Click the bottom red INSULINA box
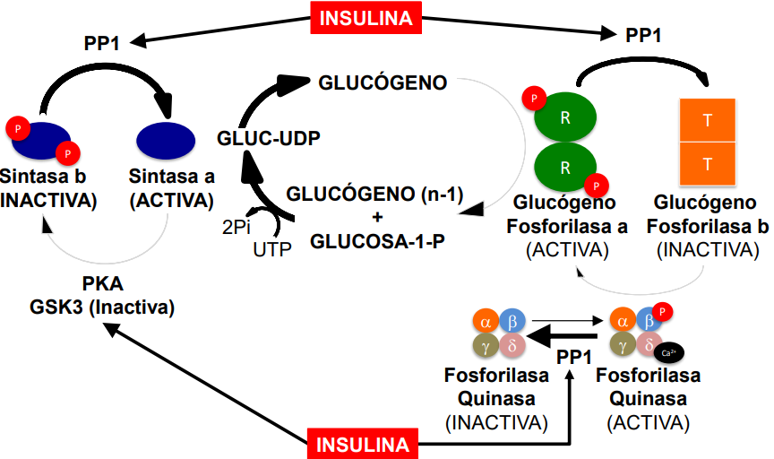click(363, 444)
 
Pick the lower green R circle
click(565, 166)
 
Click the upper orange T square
click(708, 119)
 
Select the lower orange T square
click(708, 164)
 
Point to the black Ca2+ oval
click(670, 351)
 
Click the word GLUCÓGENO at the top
click(383, 83)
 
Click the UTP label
click(273, 249)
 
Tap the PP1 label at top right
click(643, 36)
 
